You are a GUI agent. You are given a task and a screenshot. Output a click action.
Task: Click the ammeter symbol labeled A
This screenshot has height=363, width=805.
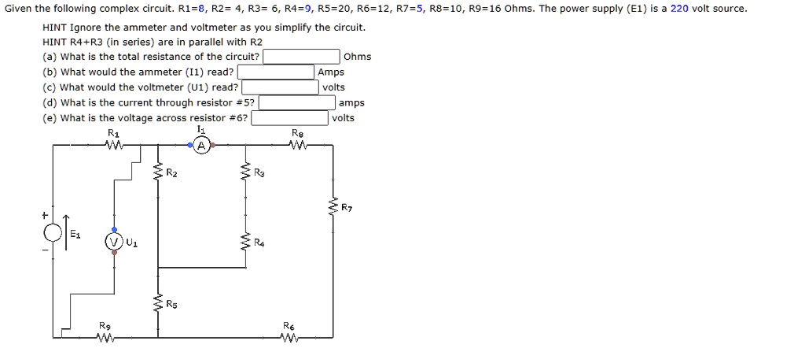[201, 146]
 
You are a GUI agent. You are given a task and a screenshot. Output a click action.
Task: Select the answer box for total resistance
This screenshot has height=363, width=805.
[301, 57]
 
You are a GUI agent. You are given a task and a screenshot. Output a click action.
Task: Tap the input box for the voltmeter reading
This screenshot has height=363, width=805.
[280, 87]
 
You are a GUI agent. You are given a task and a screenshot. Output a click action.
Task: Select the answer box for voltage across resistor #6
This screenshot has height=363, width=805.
[290, 118]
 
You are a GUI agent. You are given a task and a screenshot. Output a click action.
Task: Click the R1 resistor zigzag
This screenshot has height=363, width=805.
[115, 145]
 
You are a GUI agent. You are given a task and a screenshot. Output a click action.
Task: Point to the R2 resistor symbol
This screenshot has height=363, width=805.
[158, 172]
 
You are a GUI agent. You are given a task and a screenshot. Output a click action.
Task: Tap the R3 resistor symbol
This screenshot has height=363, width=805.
[245, 172]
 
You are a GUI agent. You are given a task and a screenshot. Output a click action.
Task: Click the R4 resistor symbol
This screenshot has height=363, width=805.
[245, 242]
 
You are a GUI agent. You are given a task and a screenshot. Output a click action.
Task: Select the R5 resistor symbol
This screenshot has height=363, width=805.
[158, 303]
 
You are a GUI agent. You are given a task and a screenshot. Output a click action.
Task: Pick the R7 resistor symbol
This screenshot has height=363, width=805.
[332, 207]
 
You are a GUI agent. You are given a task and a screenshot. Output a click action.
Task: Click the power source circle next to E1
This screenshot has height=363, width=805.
[53, 233]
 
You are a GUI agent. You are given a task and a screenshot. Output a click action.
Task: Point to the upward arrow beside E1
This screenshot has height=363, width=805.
[67, 229]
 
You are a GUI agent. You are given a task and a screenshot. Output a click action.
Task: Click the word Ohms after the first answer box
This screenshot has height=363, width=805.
[358, 57]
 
